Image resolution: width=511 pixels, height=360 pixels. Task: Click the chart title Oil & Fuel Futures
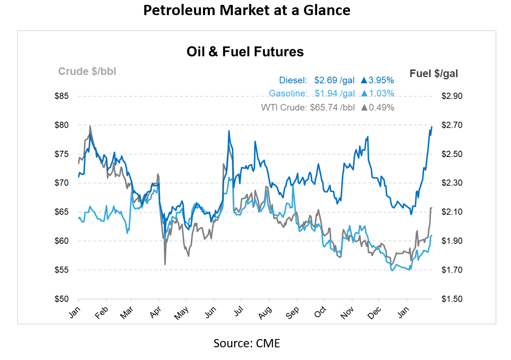coord(245,52)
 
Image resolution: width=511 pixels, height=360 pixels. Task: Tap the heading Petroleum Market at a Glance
coord(246,10)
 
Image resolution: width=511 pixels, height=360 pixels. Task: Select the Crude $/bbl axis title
coord(87,72)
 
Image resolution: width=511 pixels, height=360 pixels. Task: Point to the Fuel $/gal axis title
coord(434,74)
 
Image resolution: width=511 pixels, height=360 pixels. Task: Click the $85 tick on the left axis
coord(61,96)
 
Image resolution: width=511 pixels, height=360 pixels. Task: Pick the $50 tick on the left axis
coord(61,299)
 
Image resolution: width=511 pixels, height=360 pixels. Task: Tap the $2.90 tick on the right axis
coord(451,96)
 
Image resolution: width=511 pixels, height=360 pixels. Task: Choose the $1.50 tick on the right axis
coord(451,299)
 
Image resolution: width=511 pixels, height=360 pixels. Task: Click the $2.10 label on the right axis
coord(451,212)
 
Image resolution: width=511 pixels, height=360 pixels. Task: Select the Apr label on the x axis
coord(156,314)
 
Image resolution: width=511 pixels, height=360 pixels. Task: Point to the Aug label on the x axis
coord(264,314)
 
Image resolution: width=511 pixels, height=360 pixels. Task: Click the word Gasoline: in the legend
coord(288,94)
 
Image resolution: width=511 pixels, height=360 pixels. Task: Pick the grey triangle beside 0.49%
coord(364,107)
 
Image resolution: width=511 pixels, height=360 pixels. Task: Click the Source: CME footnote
coord(246,343)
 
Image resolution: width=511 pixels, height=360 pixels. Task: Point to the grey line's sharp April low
coord(165,264)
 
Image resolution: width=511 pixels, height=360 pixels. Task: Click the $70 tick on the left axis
coord(61,183)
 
